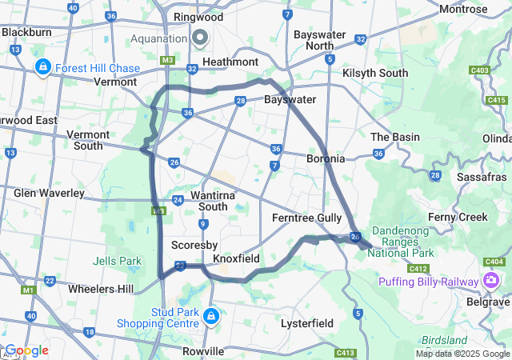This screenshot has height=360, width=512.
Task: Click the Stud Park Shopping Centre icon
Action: pos(210,317)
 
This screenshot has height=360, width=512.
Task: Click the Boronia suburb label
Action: pos(326,158)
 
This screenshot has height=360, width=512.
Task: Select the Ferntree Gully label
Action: pos(306,218)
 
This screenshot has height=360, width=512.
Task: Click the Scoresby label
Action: pos(190,244)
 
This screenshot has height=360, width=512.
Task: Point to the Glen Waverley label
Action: pos(49,193)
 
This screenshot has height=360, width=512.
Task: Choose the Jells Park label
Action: pos(117,261)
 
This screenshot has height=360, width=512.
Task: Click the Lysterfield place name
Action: pos(307,322)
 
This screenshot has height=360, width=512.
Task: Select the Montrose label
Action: pos(463,10)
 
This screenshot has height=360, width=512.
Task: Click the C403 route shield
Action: pos(480,70)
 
